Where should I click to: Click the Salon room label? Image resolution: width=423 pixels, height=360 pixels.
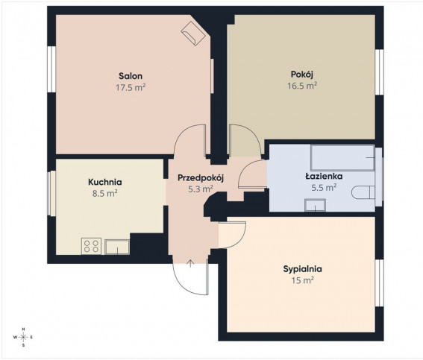click(131, 76)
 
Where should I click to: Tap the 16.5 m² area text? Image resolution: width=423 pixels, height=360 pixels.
click(302, 86)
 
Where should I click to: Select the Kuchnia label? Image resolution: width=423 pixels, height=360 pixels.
click(105, 182)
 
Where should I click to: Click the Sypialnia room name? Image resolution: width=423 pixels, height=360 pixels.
click(302, 269)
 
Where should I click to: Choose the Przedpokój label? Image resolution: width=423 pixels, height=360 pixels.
click(201, 178)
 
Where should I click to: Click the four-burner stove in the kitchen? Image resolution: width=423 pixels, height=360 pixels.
click(91, 246)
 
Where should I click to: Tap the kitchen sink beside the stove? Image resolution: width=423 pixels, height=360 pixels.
click(117, 247)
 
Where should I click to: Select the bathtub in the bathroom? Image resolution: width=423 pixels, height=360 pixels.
click(342, 158)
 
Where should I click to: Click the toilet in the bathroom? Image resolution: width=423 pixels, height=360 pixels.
click(363, 192)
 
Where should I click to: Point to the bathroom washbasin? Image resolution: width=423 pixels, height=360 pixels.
click(315, 205)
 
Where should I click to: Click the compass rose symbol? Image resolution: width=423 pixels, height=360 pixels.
click(23, 337)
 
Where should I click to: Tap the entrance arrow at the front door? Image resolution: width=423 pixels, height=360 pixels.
click(190, 263)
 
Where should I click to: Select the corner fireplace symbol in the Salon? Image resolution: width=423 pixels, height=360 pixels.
click(193, 34)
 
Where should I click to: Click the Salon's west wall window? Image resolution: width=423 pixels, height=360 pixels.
click(51, 69)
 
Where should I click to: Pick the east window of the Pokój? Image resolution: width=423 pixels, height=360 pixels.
click(379, 72)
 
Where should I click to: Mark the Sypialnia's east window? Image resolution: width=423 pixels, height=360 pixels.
click(379, 283)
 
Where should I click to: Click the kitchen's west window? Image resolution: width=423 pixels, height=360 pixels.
click(51, 193)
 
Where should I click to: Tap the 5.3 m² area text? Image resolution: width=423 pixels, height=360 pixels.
click(201, 189)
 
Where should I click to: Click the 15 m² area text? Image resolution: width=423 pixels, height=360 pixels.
click(302, 280)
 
